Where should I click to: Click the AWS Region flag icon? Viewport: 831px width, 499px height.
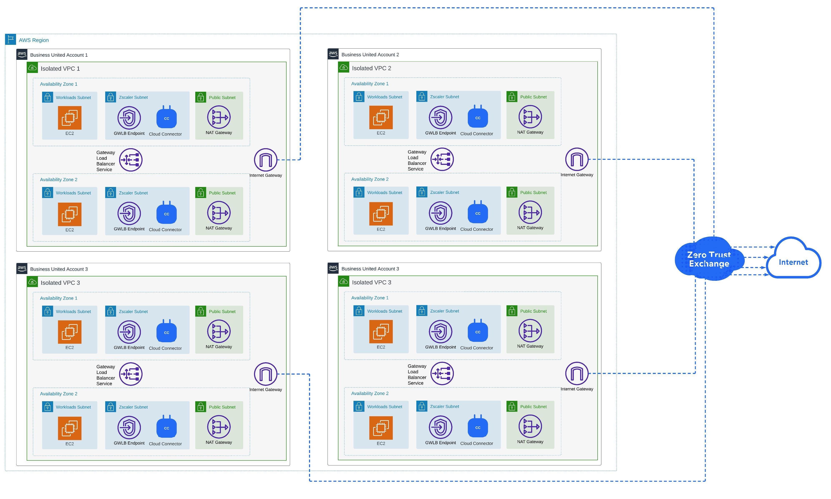coord(10,39)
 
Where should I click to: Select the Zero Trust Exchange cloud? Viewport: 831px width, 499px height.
coord(709,259)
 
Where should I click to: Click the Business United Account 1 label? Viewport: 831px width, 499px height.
coord(59,55)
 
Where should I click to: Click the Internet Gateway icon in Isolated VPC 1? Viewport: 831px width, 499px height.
coord(265,160)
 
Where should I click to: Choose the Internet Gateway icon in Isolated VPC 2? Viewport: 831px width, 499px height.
coord(577,159)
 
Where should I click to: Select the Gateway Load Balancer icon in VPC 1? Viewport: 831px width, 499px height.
coord(131,160)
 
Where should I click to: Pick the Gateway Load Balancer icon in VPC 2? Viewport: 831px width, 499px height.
coord(442,159)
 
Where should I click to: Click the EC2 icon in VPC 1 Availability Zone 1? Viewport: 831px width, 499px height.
coord(70,118)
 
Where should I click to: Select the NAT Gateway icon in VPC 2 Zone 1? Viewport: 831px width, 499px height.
coord(530,117)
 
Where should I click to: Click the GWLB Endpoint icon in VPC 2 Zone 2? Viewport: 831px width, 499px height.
coord(440,213)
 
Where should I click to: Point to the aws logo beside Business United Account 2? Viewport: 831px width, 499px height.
coord(333,54)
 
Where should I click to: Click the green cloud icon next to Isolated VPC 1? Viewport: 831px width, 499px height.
coord(32,68)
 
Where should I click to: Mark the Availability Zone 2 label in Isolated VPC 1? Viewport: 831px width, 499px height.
coord(59,179)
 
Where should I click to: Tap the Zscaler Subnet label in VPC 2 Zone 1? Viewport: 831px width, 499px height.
coord(444,97)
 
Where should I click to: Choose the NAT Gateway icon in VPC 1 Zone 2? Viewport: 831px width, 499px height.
coord(219,213)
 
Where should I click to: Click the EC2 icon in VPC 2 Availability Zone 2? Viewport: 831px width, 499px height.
coord(381,214)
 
